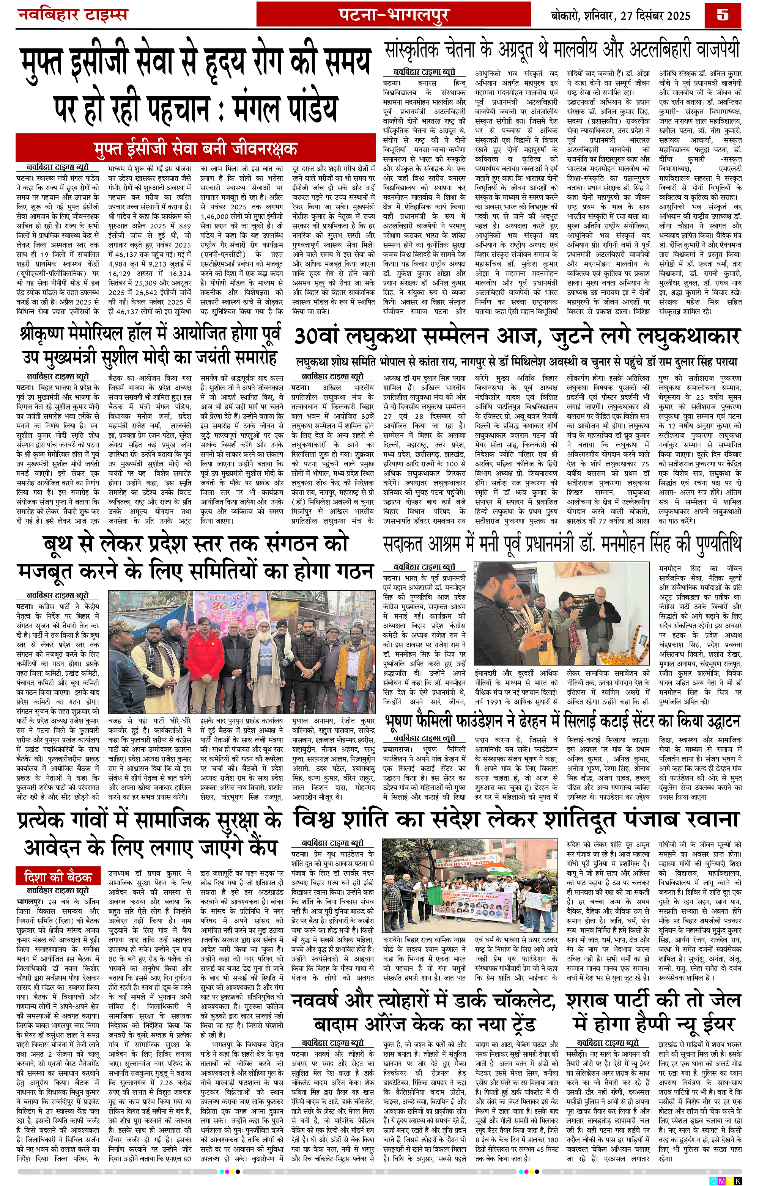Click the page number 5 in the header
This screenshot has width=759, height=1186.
click(x=723, y=15)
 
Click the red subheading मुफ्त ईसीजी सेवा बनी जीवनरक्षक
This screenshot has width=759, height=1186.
click(x=196, y=148)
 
